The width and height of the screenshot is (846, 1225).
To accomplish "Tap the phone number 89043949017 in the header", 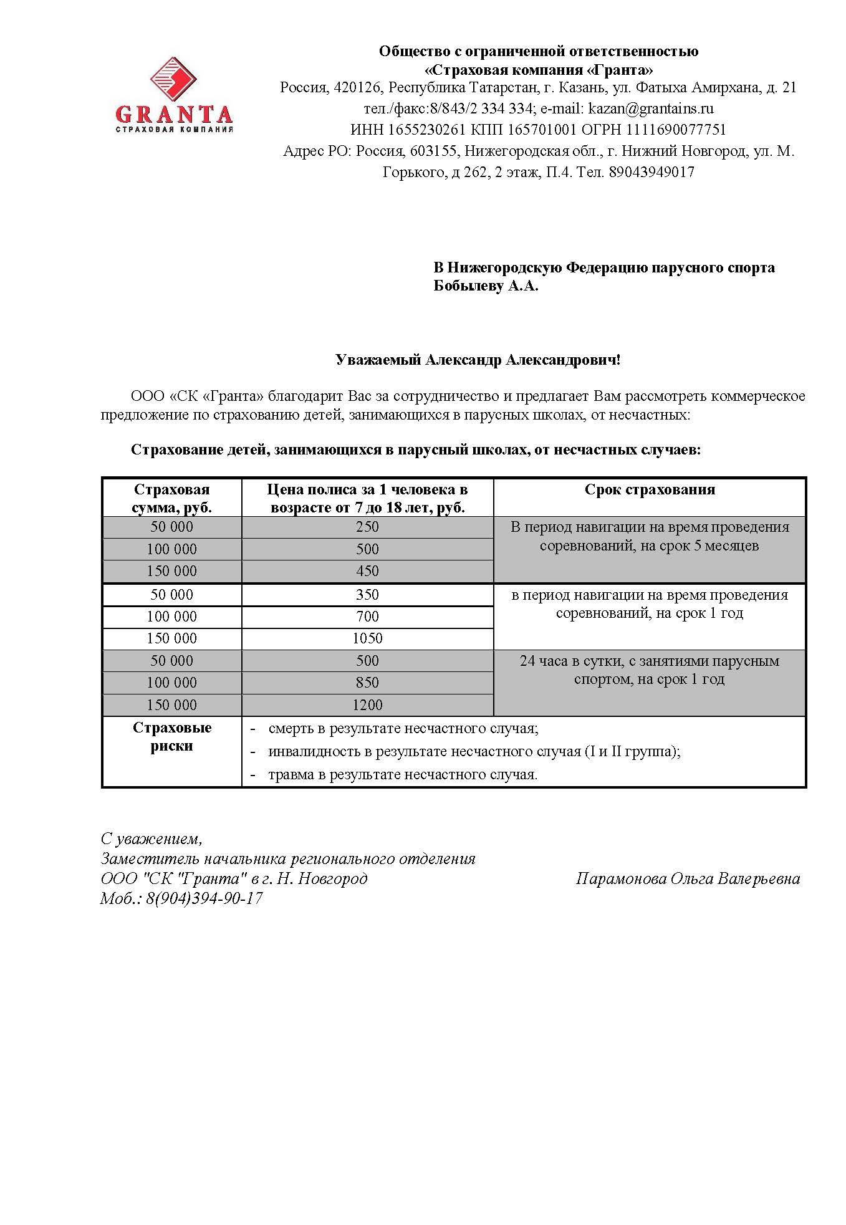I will click(652, 172).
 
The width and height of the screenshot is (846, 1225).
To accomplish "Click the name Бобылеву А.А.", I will click(486, 287).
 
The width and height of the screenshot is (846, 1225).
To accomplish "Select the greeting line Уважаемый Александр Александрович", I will click(478, 360).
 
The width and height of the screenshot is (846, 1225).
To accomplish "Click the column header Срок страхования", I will click(650, 489).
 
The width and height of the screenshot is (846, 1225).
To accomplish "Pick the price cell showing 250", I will click(367, 527).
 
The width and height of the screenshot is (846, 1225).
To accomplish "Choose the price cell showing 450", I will click(367, 571).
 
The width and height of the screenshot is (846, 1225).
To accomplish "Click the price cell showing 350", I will click(367, 595).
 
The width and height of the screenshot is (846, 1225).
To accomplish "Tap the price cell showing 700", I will click(367, 617).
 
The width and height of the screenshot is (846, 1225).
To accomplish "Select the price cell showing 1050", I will click(367, 638).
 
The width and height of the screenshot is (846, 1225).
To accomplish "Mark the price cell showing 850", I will click(367, 683).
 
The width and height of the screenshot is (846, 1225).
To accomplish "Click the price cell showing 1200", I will click(367, 705).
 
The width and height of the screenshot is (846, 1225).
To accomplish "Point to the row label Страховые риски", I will click(172, 737).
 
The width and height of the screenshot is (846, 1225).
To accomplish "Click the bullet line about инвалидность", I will click(474, 751).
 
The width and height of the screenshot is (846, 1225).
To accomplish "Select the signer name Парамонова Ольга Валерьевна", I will click(688, 879).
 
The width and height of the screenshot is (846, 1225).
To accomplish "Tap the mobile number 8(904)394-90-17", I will click(204, 898).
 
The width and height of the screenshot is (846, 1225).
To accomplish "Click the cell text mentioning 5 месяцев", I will click(649, 546).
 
